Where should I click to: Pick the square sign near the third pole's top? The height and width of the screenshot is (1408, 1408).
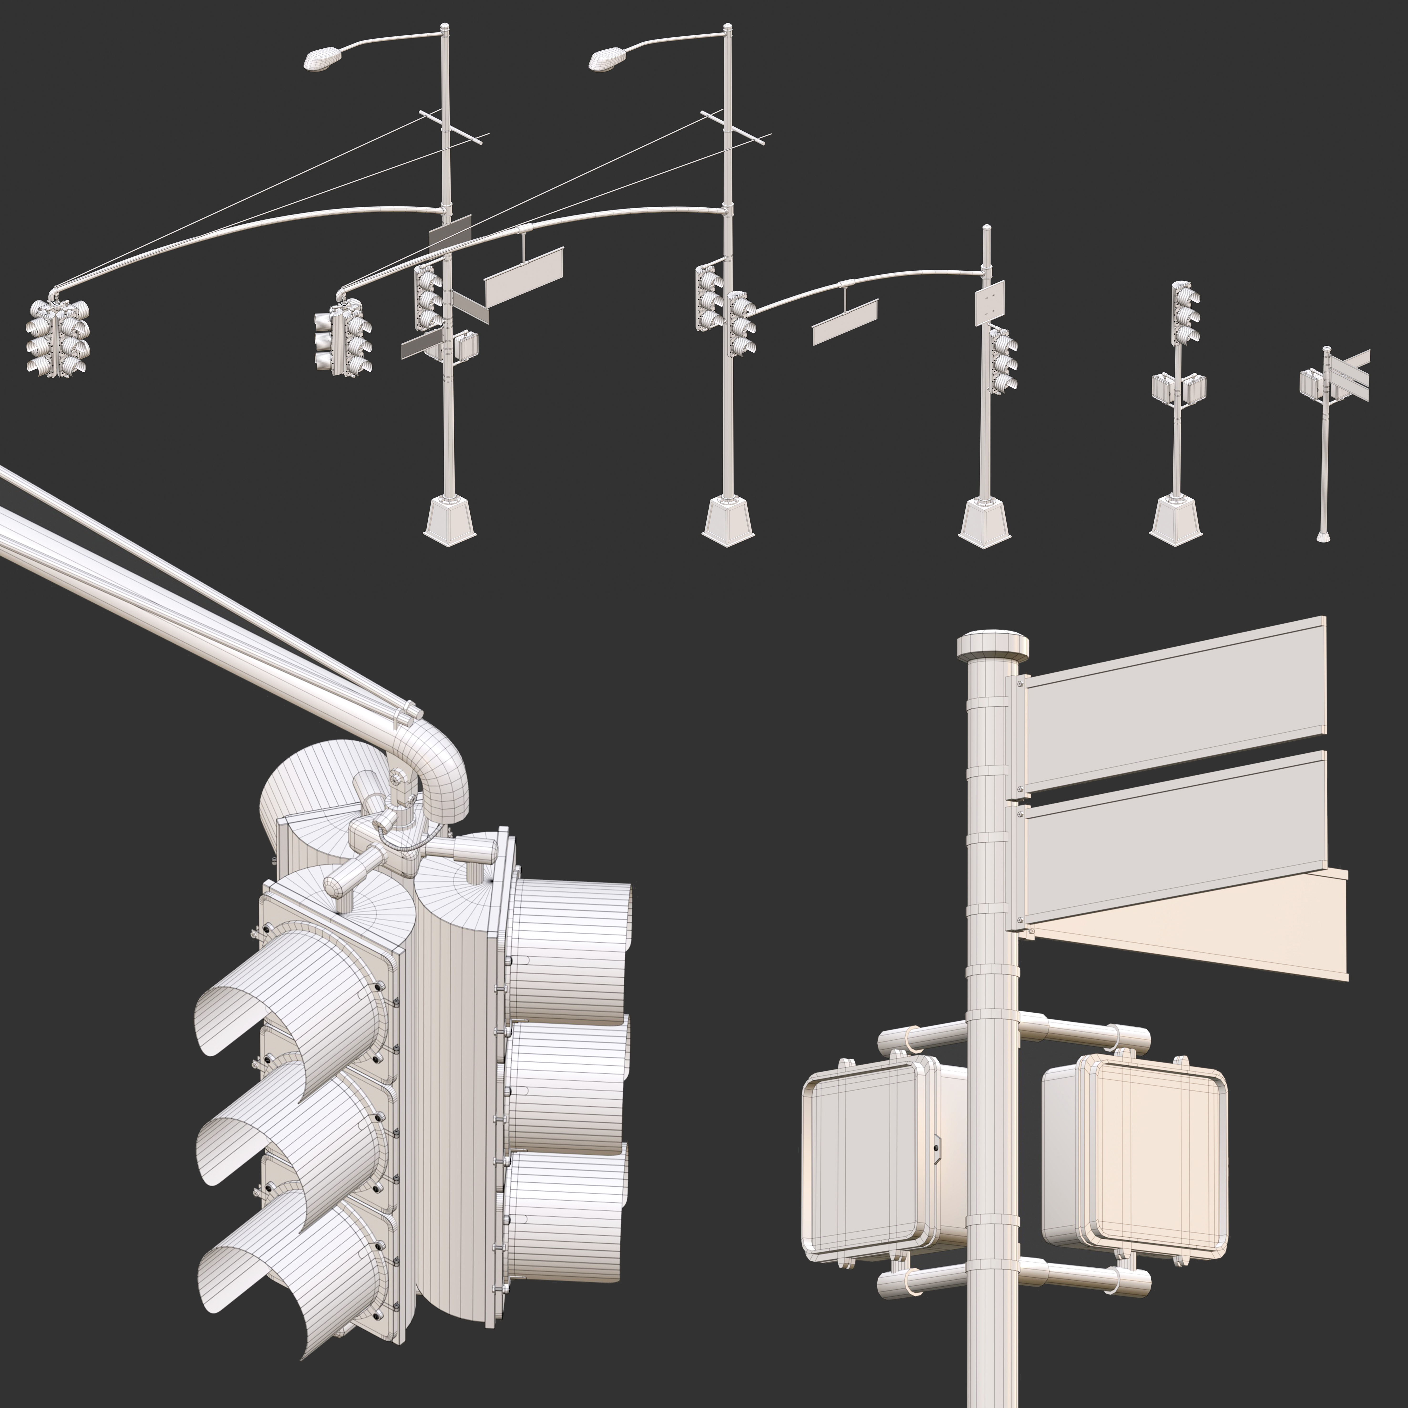coord(990,304)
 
